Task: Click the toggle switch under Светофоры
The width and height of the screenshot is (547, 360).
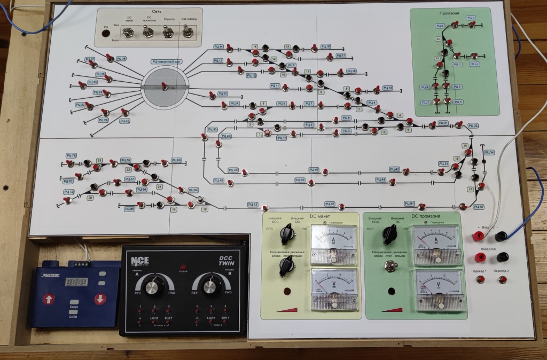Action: tap(187, 33)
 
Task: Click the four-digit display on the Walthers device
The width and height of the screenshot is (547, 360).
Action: tap(76, 281)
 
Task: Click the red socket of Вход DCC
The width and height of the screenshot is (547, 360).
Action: tap(480, 257)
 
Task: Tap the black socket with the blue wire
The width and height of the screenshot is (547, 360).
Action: tap(501, 236)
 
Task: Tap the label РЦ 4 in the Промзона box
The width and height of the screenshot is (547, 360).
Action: tap(474, 64)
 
